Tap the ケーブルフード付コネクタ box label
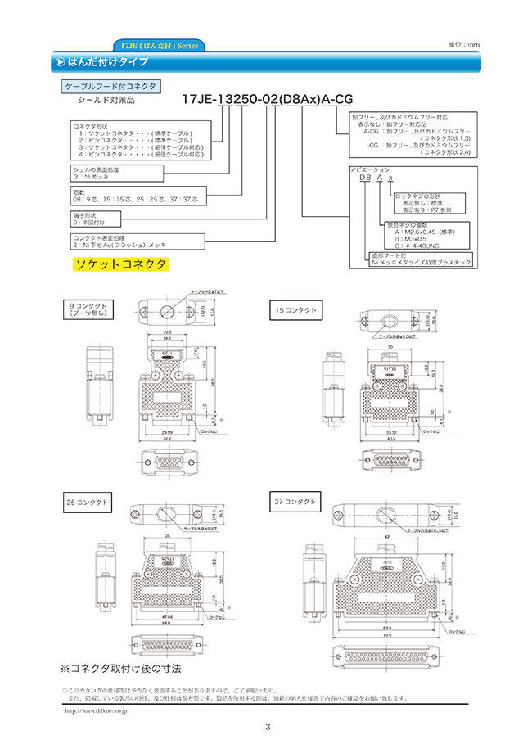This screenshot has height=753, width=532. click(110, 85)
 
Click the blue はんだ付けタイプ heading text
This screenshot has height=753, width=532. click(106, 61)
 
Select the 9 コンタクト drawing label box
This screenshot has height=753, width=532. click(92, 309)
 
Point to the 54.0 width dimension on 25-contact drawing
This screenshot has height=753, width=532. click(167, 624)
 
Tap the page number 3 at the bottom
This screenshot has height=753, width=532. click(267, 728)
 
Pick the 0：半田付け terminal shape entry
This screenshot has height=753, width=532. click(91, 222)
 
